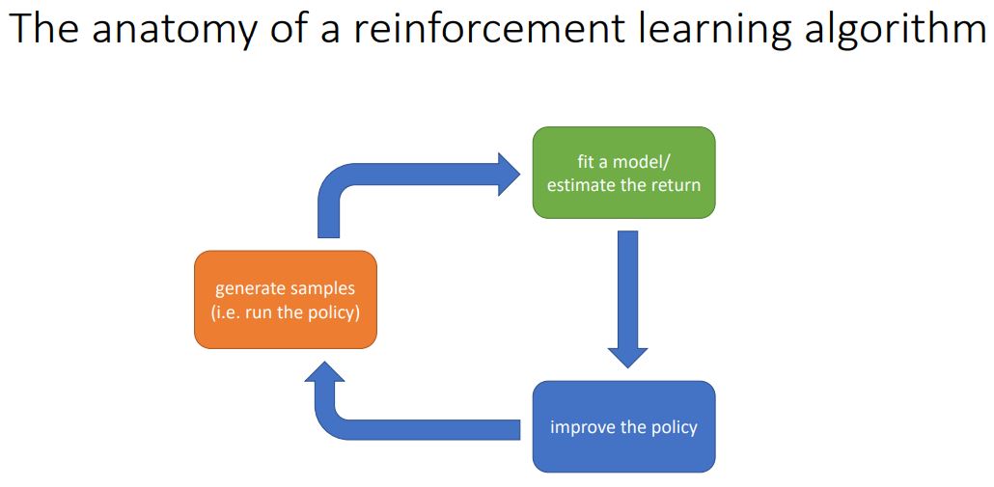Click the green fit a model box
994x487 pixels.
(x=623, y=173)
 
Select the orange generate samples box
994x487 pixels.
(x=285, y=299)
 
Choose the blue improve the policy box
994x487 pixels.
(x=623, y=426)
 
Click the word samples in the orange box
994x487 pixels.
(x=323, y=288)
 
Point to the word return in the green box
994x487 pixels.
(x=674, y=184)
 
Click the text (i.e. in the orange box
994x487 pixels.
(x=226, y=311)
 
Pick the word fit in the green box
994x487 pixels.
(x=588, y=162)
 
